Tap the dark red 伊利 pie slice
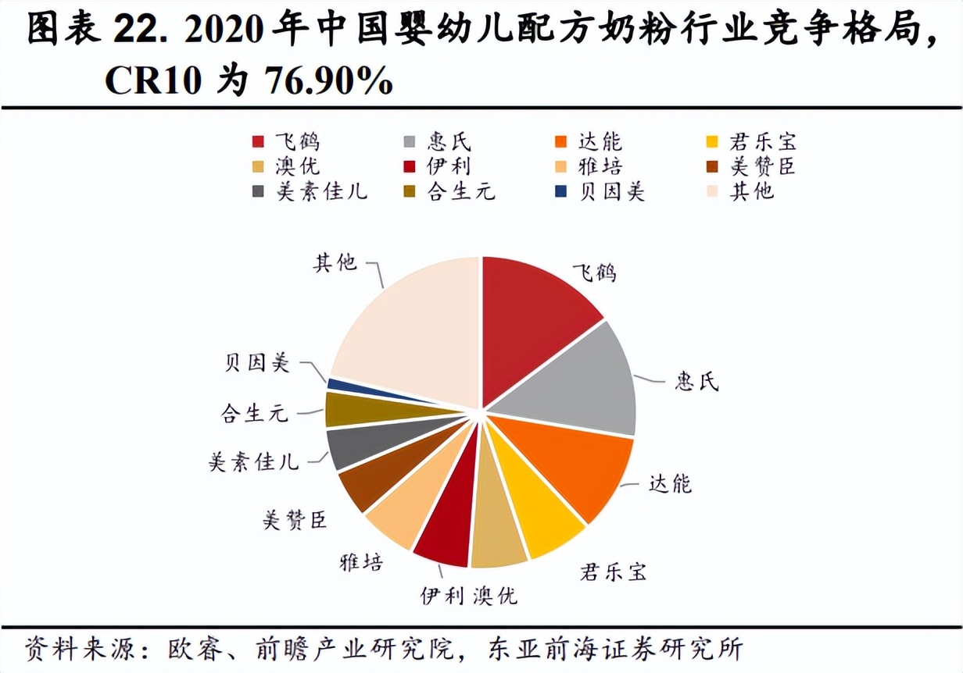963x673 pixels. [446, 531]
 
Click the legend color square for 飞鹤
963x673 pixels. [257, 141]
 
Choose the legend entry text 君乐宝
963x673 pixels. [761, 141]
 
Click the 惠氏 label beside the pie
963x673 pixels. [696, 383]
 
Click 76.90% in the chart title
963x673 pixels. [329, 80]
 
